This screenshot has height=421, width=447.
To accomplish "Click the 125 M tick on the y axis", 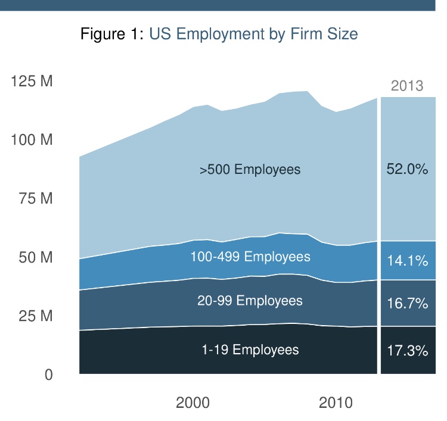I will (x=32, y=82).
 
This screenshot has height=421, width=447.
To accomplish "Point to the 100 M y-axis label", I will (x=32, y=141).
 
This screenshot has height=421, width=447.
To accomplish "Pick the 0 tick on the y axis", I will (x=49, y=375).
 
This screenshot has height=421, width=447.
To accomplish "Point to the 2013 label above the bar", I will (x=407, y=86).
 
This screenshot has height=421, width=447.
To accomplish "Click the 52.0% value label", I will (x=408, y=169).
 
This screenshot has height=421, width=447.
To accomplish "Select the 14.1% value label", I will (x=408, y=260).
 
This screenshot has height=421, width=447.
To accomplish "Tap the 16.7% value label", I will (x=408, y=304).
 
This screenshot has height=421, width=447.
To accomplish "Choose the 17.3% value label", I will (x=408, y=350).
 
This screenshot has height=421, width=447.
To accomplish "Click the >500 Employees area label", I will (x=250, y=170).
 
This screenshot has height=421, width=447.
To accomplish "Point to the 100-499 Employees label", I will (x=250, y=257).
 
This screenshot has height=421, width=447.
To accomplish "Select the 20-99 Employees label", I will (x=250, y=301).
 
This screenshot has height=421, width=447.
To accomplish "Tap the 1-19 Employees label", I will (x=250, y=350).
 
